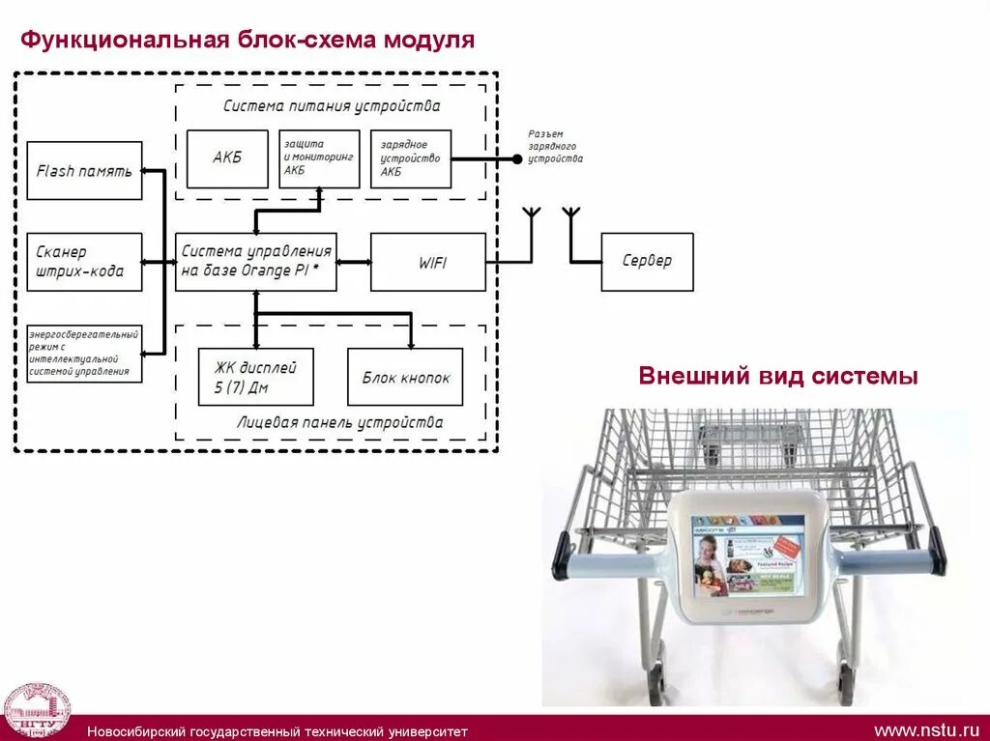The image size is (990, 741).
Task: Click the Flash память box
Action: [84, 171]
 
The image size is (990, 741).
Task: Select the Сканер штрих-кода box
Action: [84, 262]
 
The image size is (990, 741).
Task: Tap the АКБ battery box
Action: [227, 158]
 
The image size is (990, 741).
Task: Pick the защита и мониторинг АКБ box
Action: [319, 158]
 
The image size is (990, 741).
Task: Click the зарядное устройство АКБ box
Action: [410, 158]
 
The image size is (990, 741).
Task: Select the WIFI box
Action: [428, 262]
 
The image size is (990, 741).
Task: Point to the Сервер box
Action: [647, 262]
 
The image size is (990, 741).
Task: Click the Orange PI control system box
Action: [256, 262]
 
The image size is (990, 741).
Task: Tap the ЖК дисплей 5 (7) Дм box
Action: [255, 377]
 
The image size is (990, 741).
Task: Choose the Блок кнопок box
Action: [405, 377]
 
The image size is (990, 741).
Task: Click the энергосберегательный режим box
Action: [84, 354]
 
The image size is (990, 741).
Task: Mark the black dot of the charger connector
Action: [516, 158]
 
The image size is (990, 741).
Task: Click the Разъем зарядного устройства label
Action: [555, 146]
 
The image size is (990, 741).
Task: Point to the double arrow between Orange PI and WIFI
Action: [354, 262]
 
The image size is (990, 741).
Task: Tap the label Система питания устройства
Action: [332, 106]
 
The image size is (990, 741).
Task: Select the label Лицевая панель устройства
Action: [339, 422]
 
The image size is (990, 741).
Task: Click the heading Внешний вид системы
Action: [777, 377]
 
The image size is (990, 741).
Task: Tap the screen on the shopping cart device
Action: [748, 555]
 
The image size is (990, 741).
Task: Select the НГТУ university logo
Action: [37, 712]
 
